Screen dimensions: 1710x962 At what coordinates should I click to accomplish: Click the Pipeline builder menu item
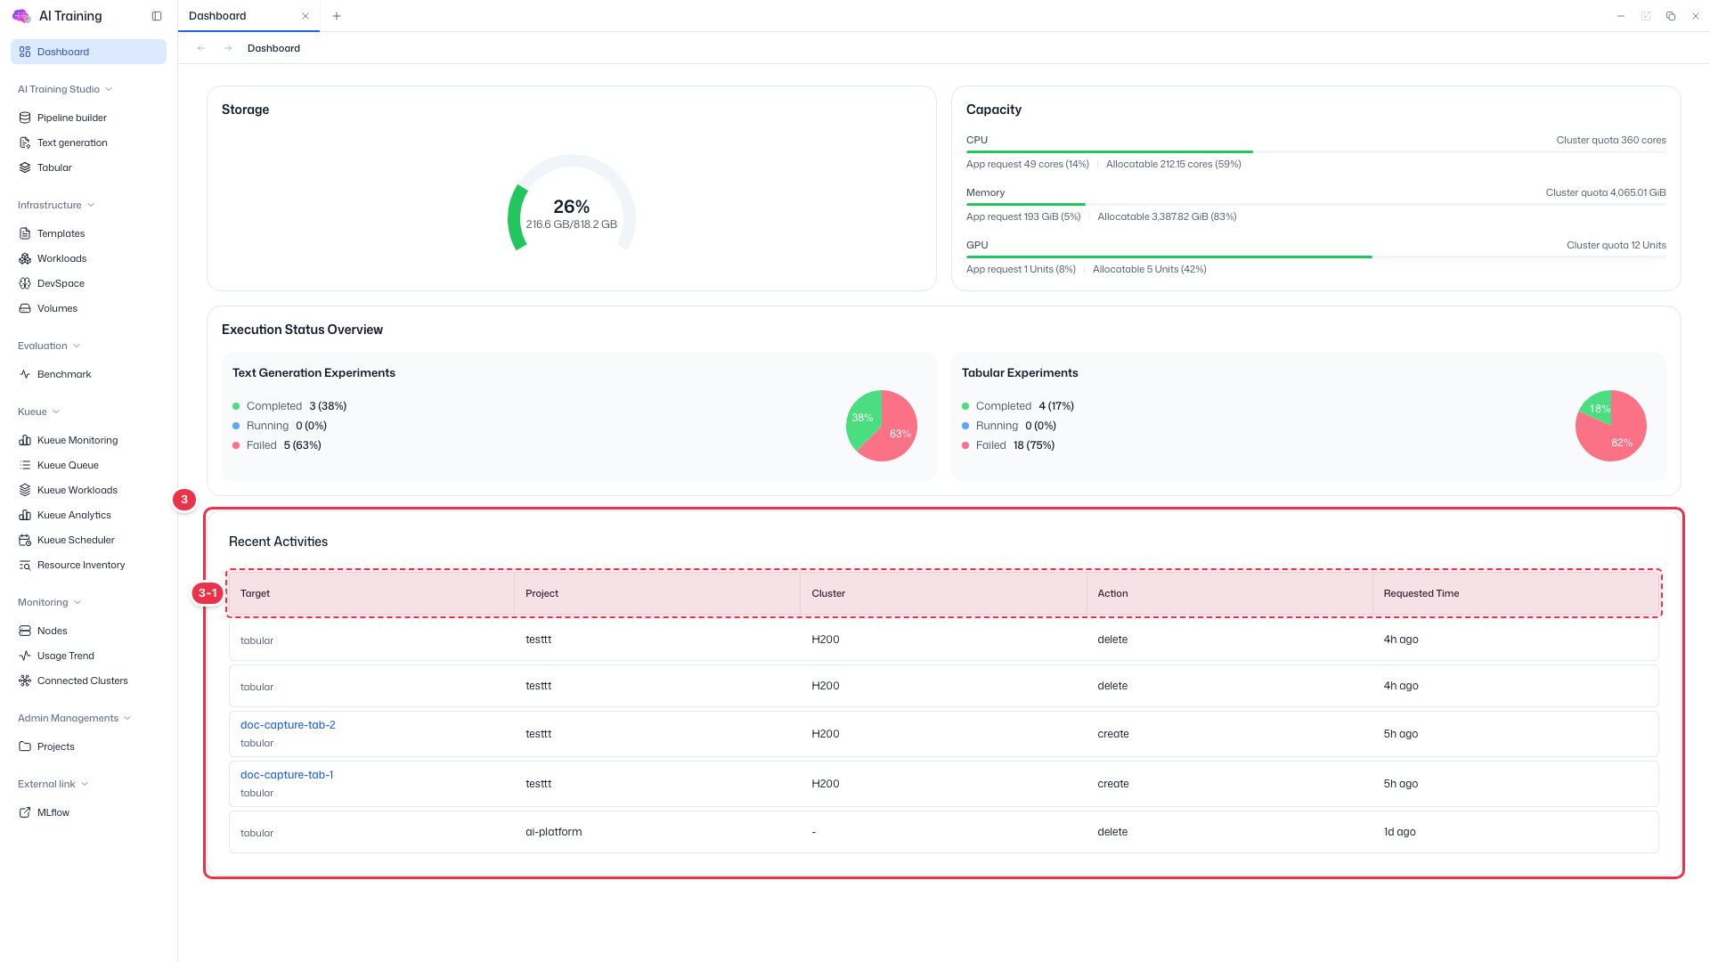(x=71, y=118)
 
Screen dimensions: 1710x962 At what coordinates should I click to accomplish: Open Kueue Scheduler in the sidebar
(x=76, y=540)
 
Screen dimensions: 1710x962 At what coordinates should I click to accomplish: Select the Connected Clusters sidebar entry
(x=82, y=681)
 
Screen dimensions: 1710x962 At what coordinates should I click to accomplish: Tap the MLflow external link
(x=53, y=812)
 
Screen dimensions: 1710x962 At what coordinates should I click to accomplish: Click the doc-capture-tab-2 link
(x=288, y=725)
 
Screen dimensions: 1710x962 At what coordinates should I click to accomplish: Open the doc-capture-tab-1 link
(x=287, y=775)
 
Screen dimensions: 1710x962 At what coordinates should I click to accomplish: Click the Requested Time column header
(x=1421, y=593)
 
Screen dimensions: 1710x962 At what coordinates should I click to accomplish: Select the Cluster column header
(x=828, y=593)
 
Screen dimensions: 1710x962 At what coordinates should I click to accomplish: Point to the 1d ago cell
(x=1399, y=832)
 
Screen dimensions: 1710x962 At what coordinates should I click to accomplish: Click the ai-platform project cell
(x=553, y=832)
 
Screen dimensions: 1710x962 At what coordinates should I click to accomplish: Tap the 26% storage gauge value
(x=571, y=207)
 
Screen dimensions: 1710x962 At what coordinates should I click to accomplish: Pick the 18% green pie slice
(x=1597, y=405)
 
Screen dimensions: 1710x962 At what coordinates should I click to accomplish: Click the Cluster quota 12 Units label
(x=1616, y=245)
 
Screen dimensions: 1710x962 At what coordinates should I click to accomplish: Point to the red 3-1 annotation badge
(x=208, y=593)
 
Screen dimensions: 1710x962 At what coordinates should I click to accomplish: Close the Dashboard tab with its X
(x=305, y=16)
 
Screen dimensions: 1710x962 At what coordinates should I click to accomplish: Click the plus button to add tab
(x=337, y=16)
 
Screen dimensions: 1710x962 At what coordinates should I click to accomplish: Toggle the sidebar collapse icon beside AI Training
(x=157, y=16)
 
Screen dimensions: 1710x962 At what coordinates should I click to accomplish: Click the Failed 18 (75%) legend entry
(x=1008, y=445)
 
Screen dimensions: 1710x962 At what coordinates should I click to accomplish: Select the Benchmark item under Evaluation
(x=64, y=374)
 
